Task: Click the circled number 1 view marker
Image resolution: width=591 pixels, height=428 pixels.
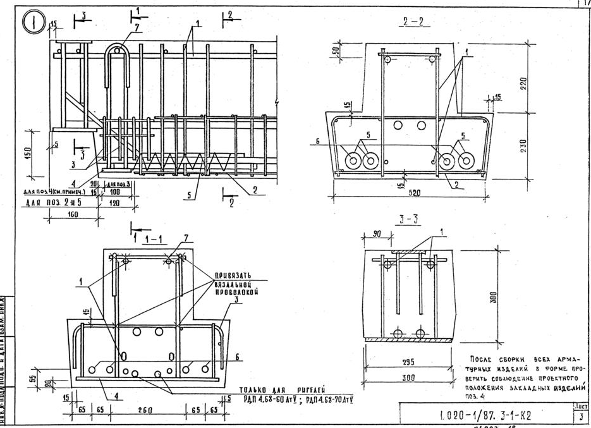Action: [33, 25]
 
